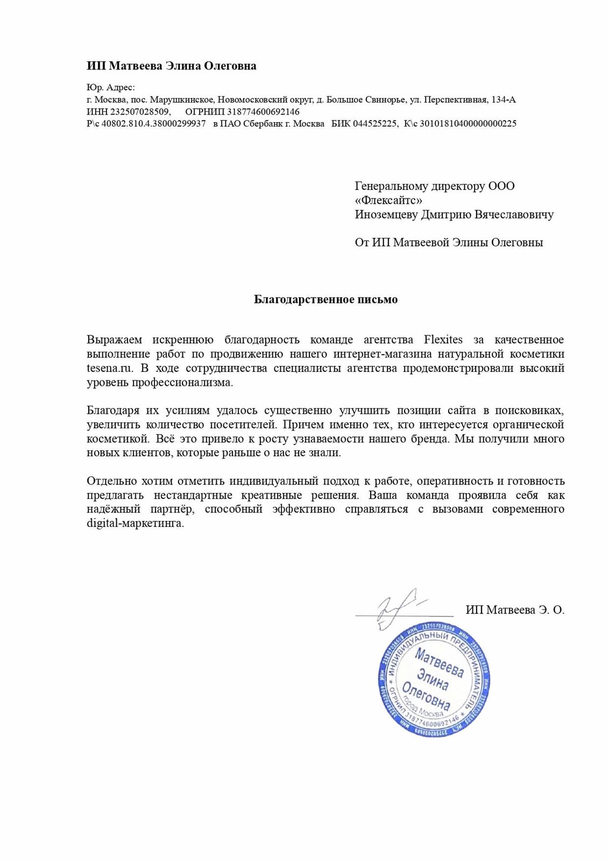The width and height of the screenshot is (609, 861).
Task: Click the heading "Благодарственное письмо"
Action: tap(325, 300)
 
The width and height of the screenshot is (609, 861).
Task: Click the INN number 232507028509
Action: tap(139, 112)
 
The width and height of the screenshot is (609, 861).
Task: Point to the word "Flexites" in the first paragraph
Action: tap(443, 340)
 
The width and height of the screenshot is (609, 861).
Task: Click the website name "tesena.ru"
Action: tap(109, 368)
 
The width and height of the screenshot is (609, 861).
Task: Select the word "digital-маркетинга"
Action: tap(135, 523)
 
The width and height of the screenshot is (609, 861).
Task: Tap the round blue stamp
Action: tap(434, 681)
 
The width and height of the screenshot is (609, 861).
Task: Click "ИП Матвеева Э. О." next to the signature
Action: tap(515, 610)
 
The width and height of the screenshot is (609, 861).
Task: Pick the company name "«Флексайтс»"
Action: tap(388, 200)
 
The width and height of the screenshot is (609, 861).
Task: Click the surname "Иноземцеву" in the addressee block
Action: tap(386, 214)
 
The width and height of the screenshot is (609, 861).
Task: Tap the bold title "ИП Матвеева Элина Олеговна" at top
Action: tap(171, 66)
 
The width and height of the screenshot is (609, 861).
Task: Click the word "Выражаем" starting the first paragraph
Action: tap(114, 340)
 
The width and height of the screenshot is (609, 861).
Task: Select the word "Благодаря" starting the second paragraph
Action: tap(112, 411)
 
